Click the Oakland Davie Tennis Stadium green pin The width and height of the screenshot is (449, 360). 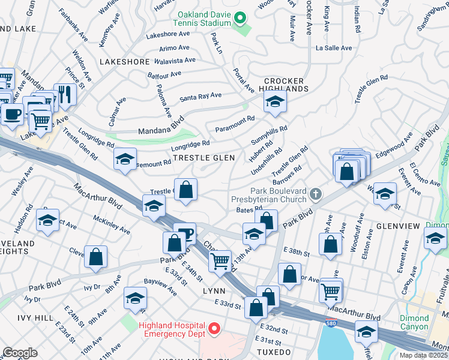[240, 17]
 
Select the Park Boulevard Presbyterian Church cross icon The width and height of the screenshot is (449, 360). [316, 194]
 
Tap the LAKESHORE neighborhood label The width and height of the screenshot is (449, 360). [124, 62]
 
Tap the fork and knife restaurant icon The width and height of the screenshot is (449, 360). [66, 94]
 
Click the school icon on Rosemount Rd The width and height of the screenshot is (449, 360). [125, 159]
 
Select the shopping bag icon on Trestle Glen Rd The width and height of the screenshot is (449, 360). [186, 190]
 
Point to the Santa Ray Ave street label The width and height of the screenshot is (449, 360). [200, 95]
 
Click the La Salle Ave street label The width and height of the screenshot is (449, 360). [334, 48]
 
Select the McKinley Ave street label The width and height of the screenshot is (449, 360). [112, 226]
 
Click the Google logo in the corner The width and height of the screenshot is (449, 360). [20, 353]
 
